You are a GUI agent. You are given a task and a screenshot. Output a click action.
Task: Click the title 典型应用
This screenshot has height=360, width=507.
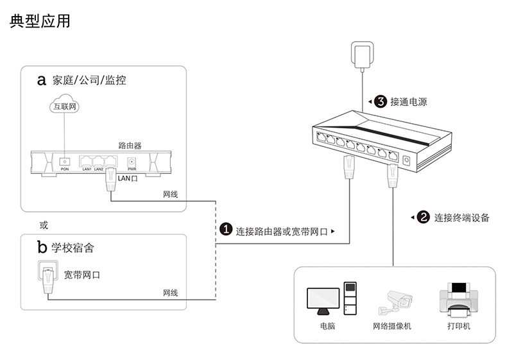point(40,21)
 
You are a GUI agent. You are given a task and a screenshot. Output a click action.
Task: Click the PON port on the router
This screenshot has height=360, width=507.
point(64,162)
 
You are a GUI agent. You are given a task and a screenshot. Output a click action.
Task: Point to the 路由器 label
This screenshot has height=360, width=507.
point(130,146)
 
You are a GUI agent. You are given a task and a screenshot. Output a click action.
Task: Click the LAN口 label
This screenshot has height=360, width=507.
point(128,178)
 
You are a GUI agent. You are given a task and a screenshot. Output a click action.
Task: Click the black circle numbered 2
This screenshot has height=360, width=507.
point(423,217)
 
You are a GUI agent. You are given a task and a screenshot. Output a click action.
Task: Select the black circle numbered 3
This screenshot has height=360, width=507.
point(380,101)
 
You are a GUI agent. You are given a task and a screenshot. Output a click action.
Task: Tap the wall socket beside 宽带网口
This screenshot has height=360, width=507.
point(47,272)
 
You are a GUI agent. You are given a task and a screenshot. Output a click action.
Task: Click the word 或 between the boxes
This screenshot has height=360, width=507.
point(44,225)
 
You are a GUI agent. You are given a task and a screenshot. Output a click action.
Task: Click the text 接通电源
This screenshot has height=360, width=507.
point(408,101)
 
